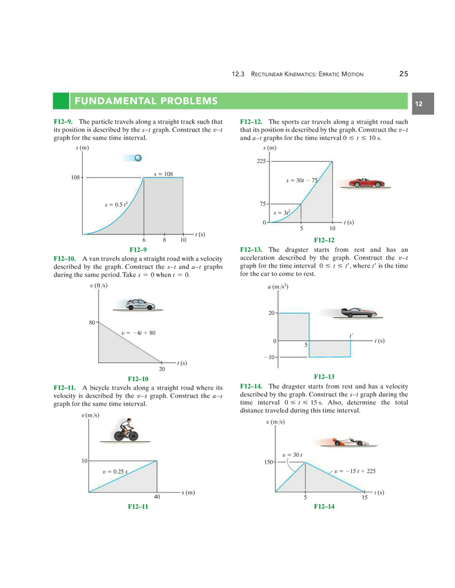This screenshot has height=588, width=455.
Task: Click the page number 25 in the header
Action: click(x=403, y=74)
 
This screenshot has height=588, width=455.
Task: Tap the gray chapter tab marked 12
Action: click(x=422, y=104)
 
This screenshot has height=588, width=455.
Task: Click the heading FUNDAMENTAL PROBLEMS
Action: click(x=146, y=101)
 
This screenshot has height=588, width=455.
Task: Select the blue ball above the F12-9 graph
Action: click(x=138, y=158)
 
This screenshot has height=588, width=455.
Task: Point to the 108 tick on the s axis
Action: click(x=76, y=178)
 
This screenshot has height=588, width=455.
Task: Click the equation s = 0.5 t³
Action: click(x=116, y=204)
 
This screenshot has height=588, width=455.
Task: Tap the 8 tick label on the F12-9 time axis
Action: click(x=164, y=240)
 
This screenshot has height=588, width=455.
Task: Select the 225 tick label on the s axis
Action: click(x=261, y=161)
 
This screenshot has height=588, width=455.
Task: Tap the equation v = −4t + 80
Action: click(x=138, y=333)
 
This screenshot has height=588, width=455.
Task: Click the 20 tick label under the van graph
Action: click(x=162, y=369)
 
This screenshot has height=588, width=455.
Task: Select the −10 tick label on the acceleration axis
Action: click(x=269, y=357)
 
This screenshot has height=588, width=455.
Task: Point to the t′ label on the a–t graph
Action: click(x=351, y=335)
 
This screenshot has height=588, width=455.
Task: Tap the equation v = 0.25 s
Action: click(x=115, y=472)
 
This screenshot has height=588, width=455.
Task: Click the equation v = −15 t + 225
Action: click(x=355, y=471)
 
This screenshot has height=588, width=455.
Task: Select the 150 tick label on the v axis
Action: click(x=268, y=462)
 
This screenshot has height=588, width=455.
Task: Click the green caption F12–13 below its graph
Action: click(x=324, y=377)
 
